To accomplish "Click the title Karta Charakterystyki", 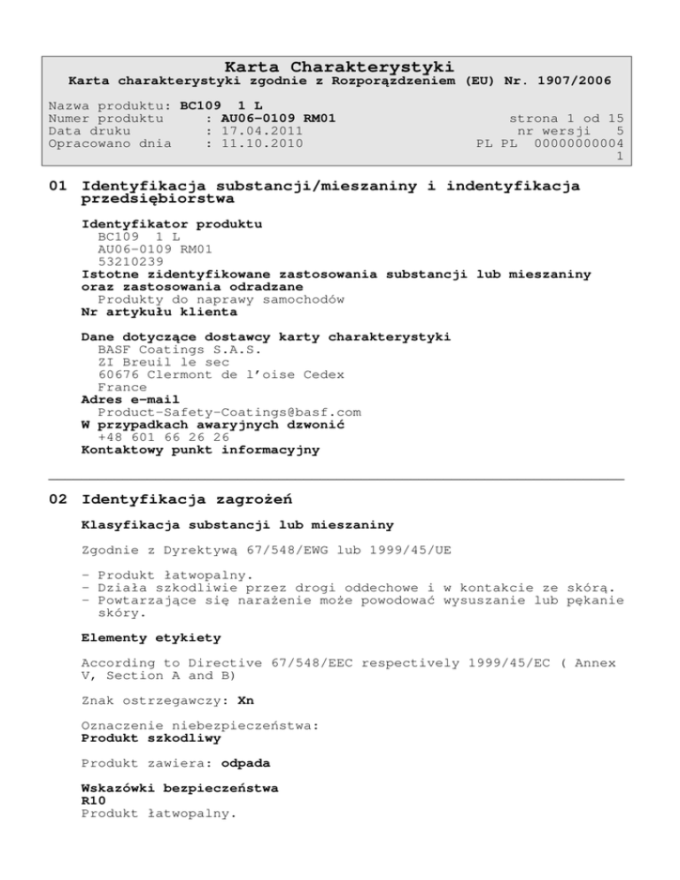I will click(339, 67).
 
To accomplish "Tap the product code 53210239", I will click(130, 261).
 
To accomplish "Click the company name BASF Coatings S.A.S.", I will click(167, 349).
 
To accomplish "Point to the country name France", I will click(122, 387).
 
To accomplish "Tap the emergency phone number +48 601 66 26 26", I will click(164, 436).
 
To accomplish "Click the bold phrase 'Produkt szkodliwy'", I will click(139, 737).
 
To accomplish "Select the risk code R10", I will click(94, 799).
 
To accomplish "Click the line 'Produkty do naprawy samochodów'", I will click(221, 299).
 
